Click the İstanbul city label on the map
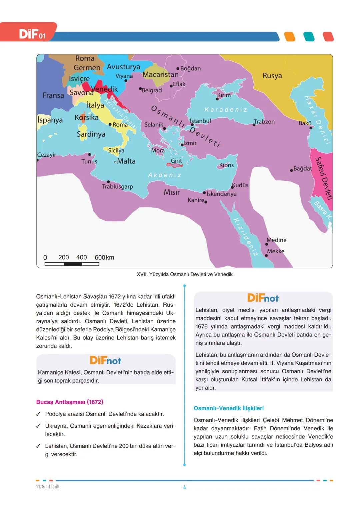click(200, 121)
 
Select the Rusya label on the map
click(272, 76)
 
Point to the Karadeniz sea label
click(226, 110)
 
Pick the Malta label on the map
click(126, 161)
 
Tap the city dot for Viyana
click(126, 81)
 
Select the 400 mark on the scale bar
click(81, 257)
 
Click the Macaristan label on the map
click(160, 74)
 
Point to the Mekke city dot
click(266, 256)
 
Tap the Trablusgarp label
click(117, 186)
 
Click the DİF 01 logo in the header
click(32, 34)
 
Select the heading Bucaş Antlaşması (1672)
click(69, 402)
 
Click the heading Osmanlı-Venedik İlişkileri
click(228, 408)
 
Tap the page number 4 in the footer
click(184, 487)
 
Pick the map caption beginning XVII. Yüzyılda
click(184, 274)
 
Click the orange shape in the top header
click(289, 37)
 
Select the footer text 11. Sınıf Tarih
click(48, 487)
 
